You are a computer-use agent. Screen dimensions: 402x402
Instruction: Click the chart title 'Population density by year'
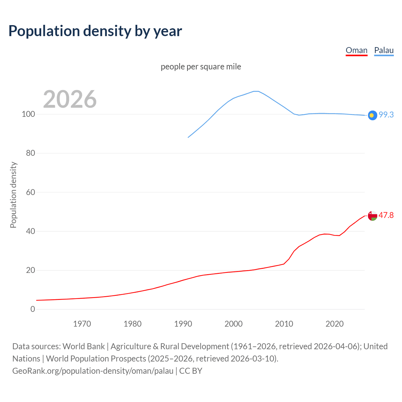click(95, 31)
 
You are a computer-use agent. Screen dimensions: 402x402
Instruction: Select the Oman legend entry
click(356, 50)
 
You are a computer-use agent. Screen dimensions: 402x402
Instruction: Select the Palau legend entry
click(384, 50)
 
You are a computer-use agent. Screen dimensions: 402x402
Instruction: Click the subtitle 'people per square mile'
click(201, 67)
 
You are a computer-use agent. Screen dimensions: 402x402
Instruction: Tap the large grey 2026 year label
click(70, 99)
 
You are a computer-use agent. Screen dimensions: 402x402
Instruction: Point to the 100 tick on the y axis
click(28, 114)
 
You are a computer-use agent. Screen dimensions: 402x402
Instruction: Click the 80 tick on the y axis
click(30, 153)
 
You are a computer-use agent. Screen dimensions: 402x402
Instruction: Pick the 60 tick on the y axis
click(30, 192)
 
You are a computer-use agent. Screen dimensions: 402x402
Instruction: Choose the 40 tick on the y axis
click(30, 231)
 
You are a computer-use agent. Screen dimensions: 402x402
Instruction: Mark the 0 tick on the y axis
click(33, 309)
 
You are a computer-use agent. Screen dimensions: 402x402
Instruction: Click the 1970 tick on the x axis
click(82, 324)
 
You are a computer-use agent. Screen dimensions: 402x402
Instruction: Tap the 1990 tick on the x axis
click(183, 324)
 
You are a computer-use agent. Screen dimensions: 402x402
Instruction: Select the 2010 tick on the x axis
click(284, 324)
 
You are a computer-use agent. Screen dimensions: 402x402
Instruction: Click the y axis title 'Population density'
click(13, 195)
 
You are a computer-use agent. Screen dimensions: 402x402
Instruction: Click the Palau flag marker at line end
click(372, 115)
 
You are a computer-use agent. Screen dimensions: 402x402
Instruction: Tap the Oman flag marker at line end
click(372, 216)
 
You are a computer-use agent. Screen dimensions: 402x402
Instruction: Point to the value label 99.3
click(386, 115)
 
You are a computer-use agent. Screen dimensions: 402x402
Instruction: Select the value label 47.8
click(386, 215)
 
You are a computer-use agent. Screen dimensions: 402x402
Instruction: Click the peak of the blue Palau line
click(256, 91)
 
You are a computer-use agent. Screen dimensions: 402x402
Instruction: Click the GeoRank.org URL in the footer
click(93, 371)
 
